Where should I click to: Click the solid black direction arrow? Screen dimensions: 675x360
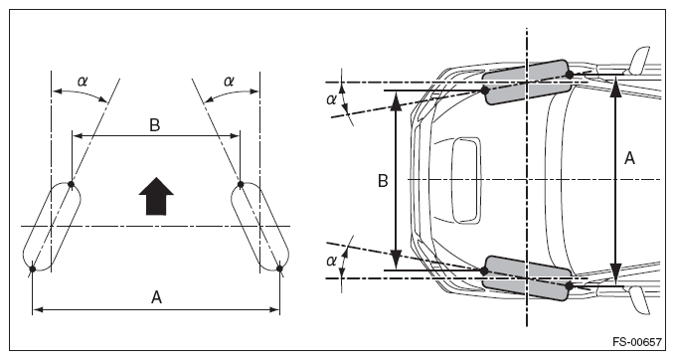(156, 196)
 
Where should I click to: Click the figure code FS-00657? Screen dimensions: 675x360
(637, 342)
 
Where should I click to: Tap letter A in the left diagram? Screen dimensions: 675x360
(156, 297)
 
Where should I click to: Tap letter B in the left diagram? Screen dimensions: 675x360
(154, 125)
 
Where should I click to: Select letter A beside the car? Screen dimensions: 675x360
(629, 158)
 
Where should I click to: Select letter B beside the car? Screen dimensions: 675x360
(383, 181)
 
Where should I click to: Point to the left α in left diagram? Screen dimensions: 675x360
(83, 81)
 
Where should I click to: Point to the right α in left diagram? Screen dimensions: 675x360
(229, 81)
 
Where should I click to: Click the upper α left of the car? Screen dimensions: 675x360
(331, 99)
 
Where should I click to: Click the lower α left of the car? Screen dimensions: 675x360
(331, 261)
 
